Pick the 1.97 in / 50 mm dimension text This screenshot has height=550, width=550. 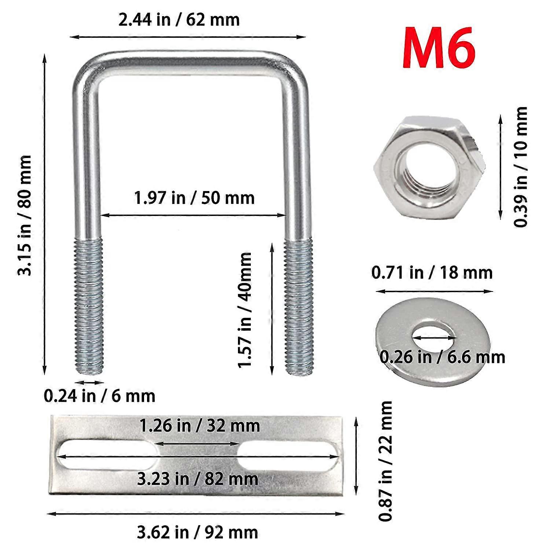pyautogui.click(x=194, y=198)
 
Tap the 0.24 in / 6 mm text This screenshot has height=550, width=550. pyautogui.click(x=99, y=396)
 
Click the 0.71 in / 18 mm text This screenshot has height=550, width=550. pyautogui.click(x=432, y=273)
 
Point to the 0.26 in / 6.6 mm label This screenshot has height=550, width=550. pyautogui.click(x=442, y=357)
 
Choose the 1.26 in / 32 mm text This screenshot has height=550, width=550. pyautogui.click(x=199, y=426)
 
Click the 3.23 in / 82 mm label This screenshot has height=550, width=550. pyautogui.click(x=198, y=479)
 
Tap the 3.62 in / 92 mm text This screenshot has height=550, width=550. pyautogui.click(x=198, y=532)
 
